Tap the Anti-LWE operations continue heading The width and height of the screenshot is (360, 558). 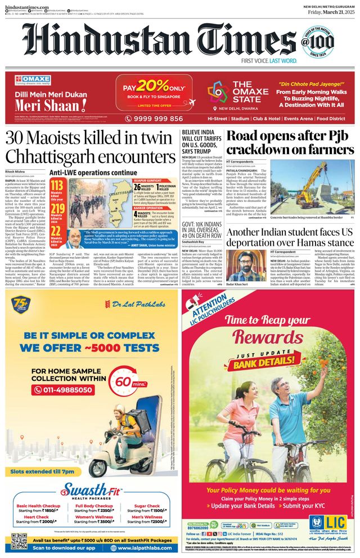pyautogui.click(x=93, y=173)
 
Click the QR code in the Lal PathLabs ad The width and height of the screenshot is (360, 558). pyautogui.click(x=19, y=541)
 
